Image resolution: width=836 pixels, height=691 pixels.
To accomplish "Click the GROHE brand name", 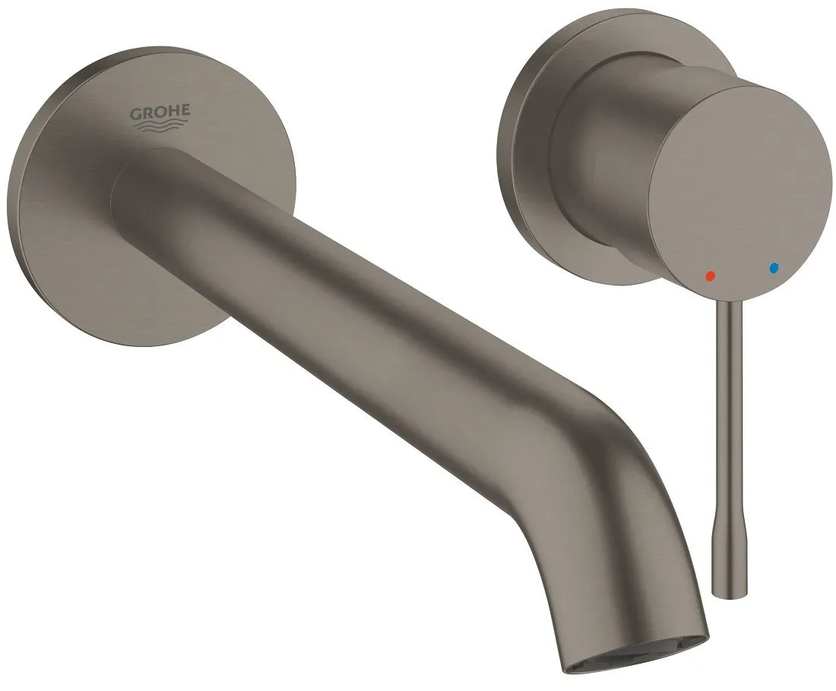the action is (160, 112).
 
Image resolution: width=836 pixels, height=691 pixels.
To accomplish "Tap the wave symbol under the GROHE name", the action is (160, 126).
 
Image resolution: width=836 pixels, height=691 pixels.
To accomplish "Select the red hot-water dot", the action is (710, 276).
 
